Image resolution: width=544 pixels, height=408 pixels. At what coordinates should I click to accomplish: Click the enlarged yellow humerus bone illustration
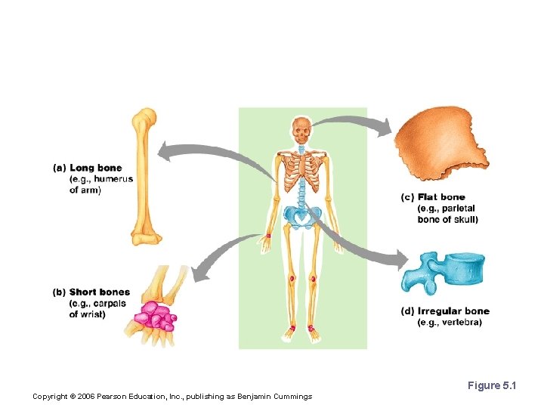[144, 178]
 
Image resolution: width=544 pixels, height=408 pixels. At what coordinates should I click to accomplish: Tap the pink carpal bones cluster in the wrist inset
[156, 315]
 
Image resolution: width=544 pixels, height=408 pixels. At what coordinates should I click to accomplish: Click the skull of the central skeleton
[302, 131]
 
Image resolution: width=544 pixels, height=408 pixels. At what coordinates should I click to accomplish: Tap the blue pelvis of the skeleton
[302, 217]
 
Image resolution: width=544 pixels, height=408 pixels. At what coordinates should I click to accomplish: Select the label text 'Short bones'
[99, 292]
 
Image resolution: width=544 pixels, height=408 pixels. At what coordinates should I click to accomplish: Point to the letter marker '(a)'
[60, 168]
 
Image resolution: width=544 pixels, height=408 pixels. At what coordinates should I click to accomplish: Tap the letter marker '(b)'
[60, 292]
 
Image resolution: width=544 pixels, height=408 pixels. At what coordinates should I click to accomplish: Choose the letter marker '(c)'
[408, 198]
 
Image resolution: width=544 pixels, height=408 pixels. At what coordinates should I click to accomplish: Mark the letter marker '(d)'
[408, 311]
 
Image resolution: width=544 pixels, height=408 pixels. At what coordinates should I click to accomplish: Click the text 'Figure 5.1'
[491, 386]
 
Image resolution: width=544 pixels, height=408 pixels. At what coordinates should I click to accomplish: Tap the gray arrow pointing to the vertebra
[363, 246]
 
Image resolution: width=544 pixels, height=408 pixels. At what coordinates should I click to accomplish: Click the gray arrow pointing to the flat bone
[351, 121]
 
